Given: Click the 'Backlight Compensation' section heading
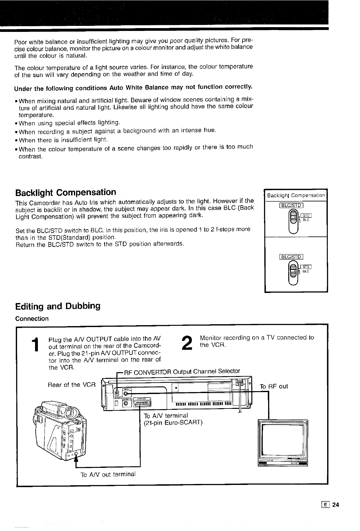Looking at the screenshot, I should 66,192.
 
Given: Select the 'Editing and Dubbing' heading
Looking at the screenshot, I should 58,306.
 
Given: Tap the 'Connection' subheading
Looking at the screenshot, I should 32,319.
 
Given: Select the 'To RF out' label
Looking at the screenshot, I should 273,386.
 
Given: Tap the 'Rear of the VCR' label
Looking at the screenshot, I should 71,385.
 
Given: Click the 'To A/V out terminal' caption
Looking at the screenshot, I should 108,474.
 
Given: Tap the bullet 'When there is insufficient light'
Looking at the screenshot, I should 63,140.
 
